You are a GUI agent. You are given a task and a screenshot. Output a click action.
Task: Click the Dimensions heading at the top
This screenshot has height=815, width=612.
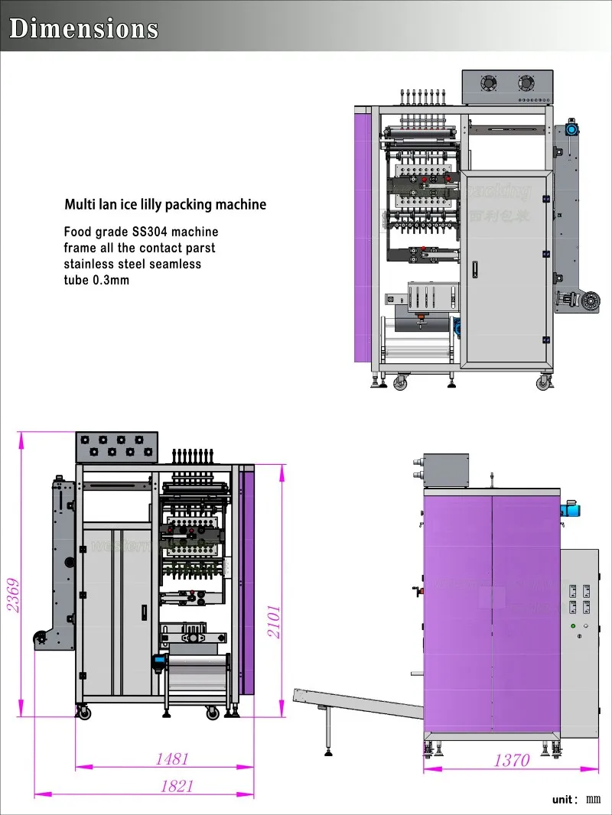tap(83, 28)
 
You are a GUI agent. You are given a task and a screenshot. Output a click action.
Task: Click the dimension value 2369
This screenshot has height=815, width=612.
tap(13, 596)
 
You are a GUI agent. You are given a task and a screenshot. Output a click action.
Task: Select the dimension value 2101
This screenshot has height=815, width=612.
tap(274, 622)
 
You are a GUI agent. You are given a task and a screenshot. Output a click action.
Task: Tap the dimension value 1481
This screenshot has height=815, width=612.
tap(171, 759)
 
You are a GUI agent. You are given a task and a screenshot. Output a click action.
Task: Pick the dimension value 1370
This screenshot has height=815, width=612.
tap(511, 760)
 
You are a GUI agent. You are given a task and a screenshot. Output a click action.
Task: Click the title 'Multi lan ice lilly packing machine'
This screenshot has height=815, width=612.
tap(165, 204)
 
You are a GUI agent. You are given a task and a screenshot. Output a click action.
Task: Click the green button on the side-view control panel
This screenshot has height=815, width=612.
tap(573, 626)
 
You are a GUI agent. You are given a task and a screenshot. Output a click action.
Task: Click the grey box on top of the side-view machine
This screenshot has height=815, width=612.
tap(445, 470)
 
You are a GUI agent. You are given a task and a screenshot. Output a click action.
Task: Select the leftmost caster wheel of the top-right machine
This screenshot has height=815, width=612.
tap(399, 383)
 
